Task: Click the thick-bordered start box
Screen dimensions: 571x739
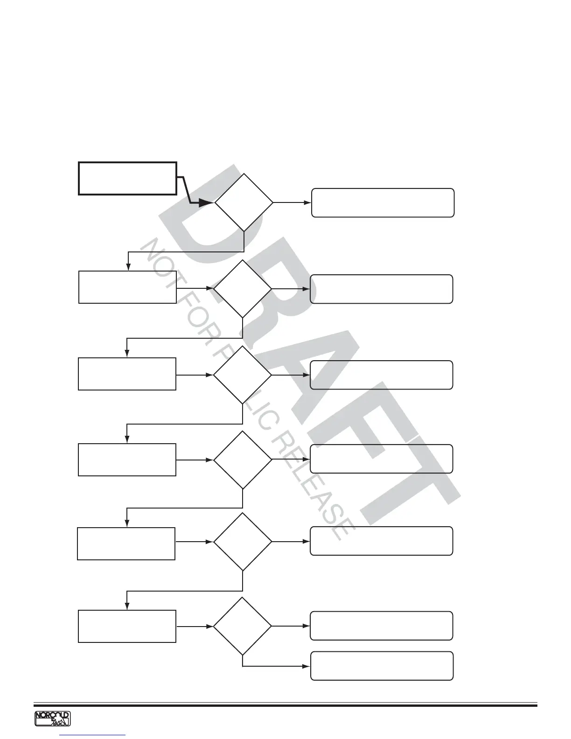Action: point(127,178)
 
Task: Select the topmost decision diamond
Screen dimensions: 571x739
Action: point(244,202)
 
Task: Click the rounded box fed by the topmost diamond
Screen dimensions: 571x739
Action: point(383,203)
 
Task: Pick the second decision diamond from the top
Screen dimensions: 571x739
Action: point(243,289)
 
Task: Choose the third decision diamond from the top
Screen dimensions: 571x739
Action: point(243,375)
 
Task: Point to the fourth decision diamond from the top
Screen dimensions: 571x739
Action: point(243,460)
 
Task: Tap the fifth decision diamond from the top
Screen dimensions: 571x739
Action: point(243,542)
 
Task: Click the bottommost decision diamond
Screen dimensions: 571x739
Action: point(243,626)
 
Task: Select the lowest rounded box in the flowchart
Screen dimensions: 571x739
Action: point(382,666)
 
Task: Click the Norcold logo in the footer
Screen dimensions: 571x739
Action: point(52,719)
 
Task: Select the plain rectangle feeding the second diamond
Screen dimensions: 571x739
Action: point(127,287)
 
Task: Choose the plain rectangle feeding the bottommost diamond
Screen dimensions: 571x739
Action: point(127,626)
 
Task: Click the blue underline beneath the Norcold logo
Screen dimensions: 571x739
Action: point(93,735)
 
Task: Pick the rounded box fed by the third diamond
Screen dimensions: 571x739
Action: point(381,375)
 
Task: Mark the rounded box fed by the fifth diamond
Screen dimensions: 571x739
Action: point(381,541)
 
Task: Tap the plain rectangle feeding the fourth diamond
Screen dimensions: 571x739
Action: point(127,460)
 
